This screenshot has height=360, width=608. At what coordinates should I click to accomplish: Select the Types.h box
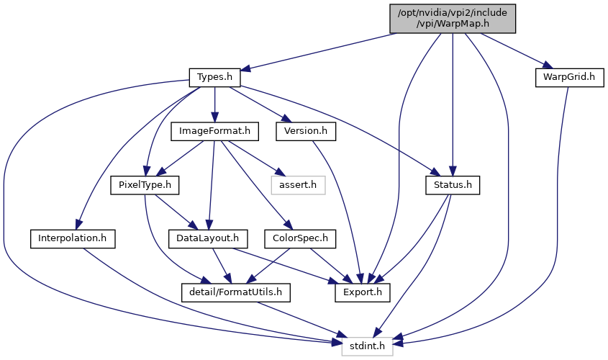214,77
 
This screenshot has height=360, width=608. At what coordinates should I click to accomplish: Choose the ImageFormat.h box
214,131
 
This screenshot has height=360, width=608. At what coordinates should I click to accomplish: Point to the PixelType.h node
145,185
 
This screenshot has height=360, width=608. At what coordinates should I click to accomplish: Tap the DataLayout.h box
208,238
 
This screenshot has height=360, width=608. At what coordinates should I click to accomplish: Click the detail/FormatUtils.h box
236,292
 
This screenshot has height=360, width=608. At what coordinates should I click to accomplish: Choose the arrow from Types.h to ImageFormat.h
214,104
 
